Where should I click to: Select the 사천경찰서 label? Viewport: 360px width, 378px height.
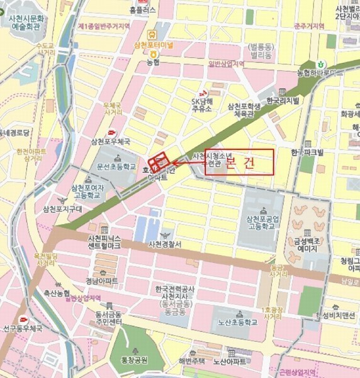click(165, 244)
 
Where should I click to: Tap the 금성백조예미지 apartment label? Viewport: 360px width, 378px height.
click(307, 245)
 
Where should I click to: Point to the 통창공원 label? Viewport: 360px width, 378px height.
click(136, 360)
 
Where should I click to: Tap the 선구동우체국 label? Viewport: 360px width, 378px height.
click(23, 328)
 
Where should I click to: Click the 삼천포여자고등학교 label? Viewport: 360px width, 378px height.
click(86, 192)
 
